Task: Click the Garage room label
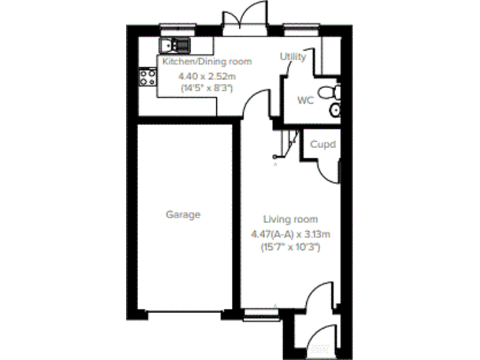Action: pyautogui.click(x=183, y=214)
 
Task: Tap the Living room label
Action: pyautogui.click(x=290, y=219)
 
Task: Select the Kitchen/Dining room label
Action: pyautogui.click(x=207, y=61)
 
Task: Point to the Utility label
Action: pyautogui.click(x=292, y=57)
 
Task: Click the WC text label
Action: pyautogui.click(x=305, y=100)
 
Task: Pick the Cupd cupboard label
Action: pyautogui.click(x=323, y=145)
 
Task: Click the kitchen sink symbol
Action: pyautogui.click(x=175, y=45)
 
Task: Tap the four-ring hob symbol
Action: pyautogui.click(x=148, y=77)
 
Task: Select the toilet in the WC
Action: pyautogui.click(x=329, y=93)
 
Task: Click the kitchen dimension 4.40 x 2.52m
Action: pyautogui.click(x=206, y=76)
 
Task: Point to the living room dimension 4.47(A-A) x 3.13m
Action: pyautogui.click(x=290, y=234)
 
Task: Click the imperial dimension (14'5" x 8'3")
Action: pyautogui.click(x=206, y=88)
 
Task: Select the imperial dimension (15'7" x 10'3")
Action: pyautogui.click(x=290, y=247)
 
